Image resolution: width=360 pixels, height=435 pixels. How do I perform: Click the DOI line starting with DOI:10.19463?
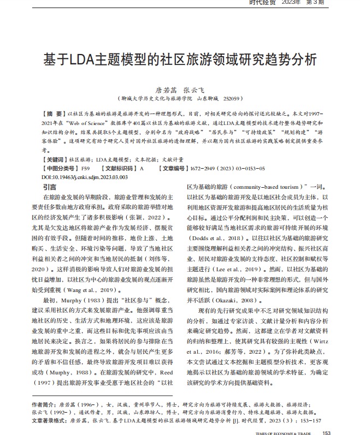point(84,177)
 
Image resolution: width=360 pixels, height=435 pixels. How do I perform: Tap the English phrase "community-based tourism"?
point(263,187)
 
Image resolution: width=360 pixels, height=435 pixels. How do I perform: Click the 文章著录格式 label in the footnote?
point(49,421)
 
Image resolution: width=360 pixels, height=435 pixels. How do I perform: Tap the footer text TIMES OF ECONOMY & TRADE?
point(283,432)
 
